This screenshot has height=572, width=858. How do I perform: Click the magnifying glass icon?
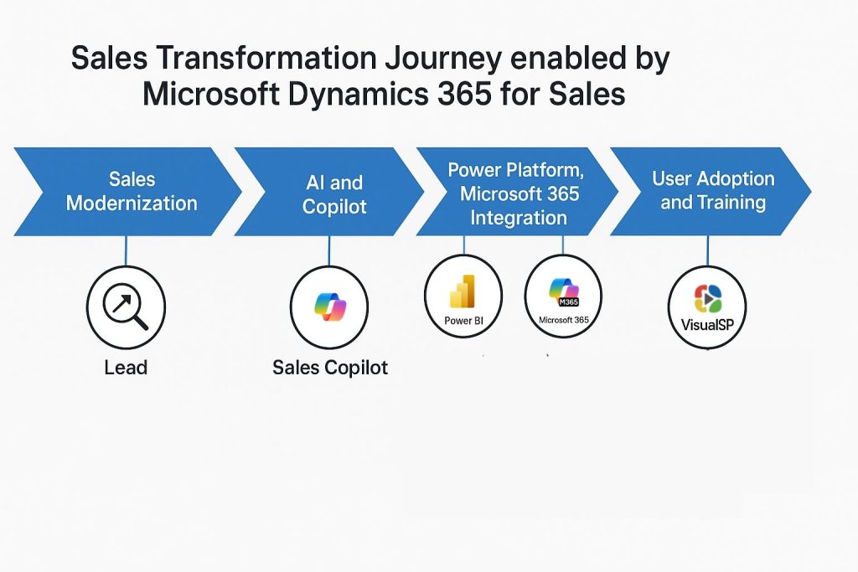(x=126, y=306)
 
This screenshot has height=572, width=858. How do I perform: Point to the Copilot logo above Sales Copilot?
(x=330, y=307)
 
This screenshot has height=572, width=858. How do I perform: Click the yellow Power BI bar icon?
(x=463, y=291)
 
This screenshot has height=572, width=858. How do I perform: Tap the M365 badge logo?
(x=564, y=292)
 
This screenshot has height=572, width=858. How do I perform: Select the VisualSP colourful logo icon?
(x=707, y=299)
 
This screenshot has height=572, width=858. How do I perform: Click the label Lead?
(x=126, y=368)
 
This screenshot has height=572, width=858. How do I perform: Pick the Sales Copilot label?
(x=330, y=368)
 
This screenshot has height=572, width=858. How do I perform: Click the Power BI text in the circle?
(x=463, y=321)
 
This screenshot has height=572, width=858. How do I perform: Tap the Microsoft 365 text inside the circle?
(x=564, y=320)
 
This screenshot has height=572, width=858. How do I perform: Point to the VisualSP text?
(x=707, y=325)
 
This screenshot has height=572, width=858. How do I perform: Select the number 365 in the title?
(x=464, y=94)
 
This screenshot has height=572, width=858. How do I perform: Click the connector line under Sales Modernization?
(x=126, y=251)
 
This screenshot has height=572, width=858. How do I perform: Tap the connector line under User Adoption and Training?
(x=707, y=251)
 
